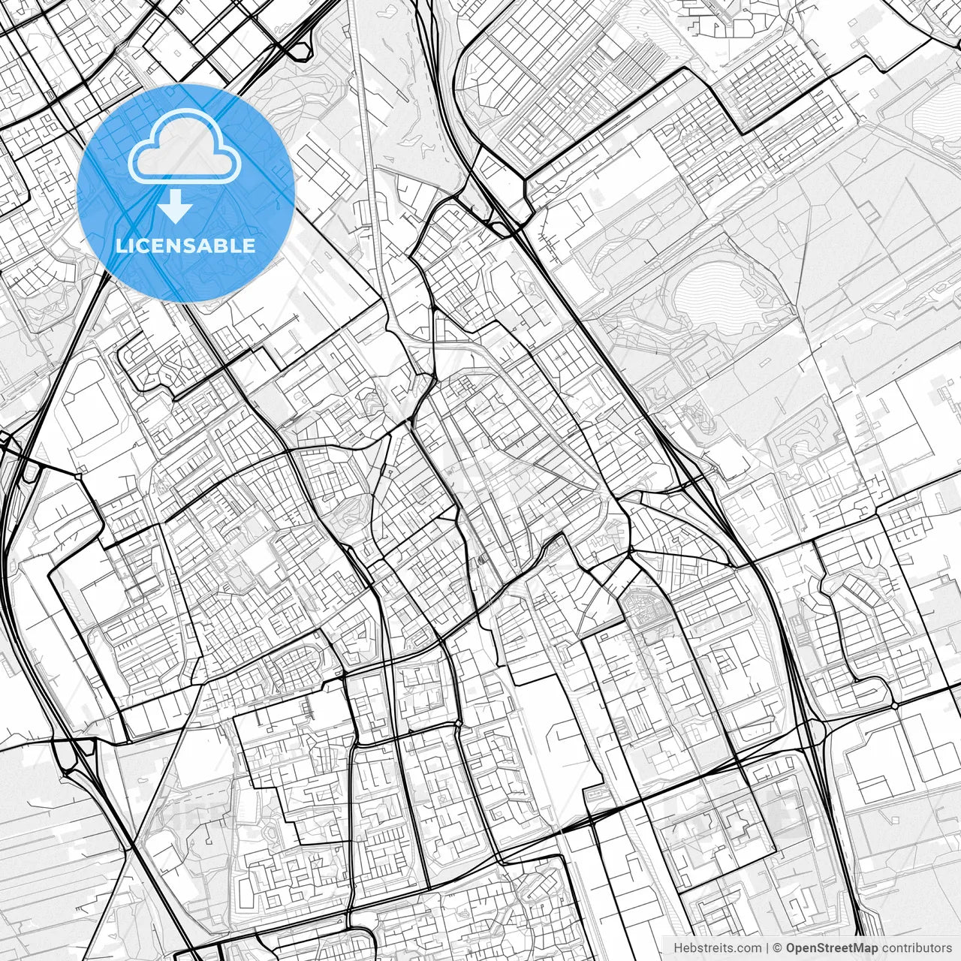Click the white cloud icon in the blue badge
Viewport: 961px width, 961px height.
coord(185,146)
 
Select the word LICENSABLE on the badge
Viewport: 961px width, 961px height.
coord(185,246)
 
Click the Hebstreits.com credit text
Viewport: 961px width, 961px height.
coord(717,948)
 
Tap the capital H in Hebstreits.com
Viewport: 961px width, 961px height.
coord(678,948)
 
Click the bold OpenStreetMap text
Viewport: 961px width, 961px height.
coord(832,948)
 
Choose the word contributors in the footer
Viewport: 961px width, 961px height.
coord(917,948)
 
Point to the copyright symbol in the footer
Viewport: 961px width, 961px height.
coord(779,948)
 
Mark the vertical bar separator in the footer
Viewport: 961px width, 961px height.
coord(767,948)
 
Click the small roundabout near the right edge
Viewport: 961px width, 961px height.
coord(895,706)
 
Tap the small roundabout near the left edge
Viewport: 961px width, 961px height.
coord(79,475)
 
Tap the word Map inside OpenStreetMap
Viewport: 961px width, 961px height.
coord(864,948)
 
